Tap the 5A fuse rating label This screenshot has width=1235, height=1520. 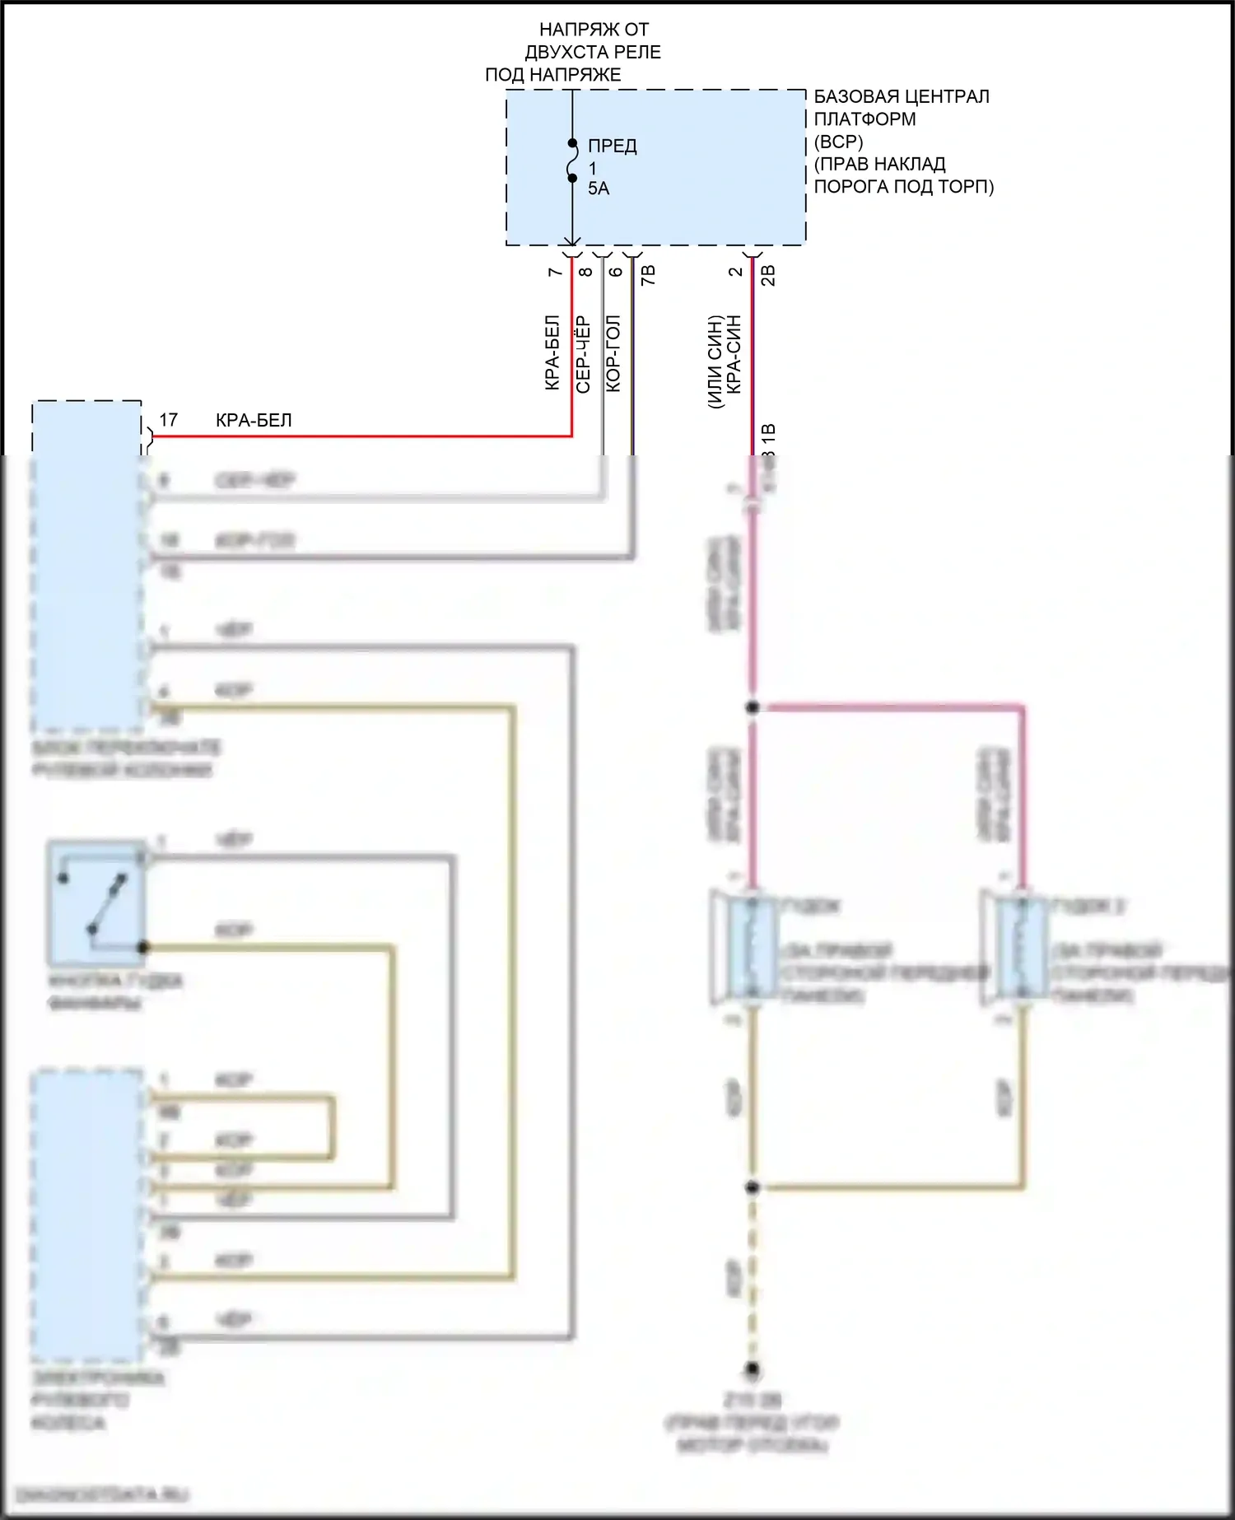coord(599,189)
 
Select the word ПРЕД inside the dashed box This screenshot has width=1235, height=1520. coord(613,147)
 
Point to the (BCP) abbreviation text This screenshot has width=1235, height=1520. coord(839,142)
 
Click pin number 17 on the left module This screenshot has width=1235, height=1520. coord(168,420)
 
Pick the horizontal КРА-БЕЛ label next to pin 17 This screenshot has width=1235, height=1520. coord(254,420)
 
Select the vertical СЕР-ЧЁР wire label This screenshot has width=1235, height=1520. coord(583,354)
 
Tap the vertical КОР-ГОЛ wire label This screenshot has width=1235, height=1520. coord(613,354)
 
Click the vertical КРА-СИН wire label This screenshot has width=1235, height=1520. coord(734,354)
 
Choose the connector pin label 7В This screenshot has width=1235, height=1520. coord(649,275)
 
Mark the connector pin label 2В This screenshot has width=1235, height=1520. coord(768,275)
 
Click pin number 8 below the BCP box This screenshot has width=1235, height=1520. coord(585,272)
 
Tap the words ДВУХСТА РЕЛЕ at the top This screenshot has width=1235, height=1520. coord(593,52)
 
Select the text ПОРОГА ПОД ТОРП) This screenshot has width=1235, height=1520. coord(903,187)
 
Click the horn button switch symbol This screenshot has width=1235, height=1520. coord(96,903)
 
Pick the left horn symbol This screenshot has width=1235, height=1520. coord(745,949)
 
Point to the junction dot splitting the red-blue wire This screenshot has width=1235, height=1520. coord(753,707)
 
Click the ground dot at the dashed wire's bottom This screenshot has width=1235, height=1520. coord(753,1370)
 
